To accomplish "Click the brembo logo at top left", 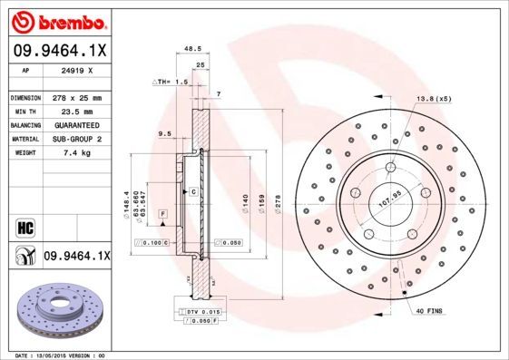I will (59, 20).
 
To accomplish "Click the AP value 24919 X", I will (77, 70).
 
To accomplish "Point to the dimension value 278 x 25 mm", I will (77, 96).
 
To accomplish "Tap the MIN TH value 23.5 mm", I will (77, 110).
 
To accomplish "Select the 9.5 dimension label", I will (164, 133).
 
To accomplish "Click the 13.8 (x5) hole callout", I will (434, 97).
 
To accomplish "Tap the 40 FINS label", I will (427, 311).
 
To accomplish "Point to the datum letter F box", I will (162, 212).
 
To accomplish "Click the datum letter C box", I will (193, 193).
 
